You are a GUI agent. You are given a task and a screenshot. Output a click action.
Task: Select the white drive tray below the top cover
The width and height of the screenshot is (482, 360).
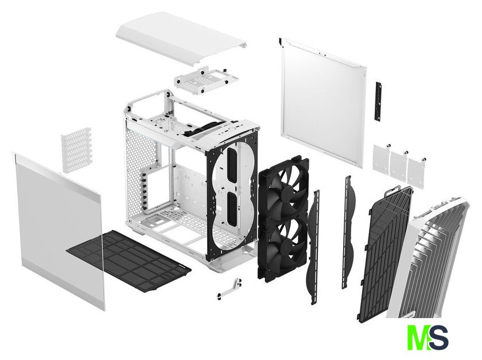(x=207, y=79)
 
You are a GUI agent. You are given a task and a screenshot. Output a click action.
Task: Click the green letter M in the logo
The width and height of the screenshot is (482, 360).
(x=418, y=337)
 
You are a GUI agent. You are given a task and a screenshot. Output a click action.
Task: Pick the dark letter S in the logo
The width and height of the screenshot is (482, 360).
(x=437, y=337)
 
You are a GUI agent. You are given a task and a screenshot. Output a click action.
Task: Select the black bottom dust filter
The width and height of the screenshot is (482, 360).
(x=129, y=261)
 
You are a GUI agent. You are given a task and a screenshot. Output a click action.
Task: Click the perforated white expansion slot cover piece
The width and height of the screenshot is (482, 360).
(x=76, y=150)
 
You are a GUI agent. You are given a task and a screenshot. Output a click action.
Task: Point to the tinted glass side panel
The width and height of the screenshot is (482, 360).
(x=59, y=231)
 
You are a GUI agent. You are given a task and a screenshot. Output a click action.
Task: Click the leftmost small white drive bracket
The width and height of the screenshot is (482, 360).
(x=382, y=157)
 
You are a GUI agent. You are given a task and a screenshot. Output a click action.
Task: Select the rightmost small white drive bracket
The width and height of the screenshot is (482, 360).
(x=417, y=169)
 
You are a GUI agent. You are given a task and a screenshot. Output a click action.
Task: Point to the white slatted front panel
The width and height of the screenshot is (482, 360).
(x=427, y=258)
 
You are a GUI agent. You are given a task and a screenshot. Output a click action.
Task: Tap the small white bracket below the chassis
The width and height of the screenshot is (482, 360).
(x=230, y=288)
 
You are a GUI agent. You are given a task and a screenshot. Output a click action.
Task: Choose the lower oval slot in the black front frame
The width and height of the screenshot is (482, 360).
(x=232, y=209)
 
